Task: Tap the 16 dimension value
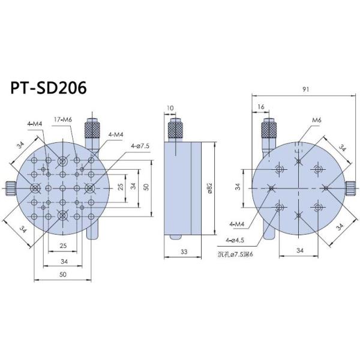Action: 259,106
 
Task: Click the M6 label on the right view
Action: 316,121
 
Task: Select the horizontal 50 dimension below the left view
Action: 63,274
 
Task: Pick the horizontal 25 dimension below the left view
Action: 63,246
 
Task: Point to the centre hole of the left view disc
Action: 63,188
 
